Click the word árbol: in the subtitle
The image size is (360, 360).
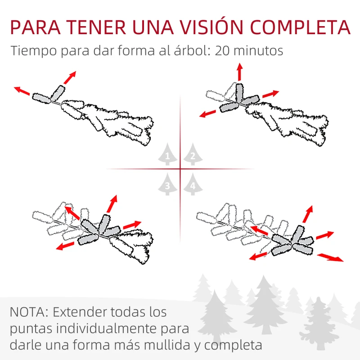click(x=189, y=50)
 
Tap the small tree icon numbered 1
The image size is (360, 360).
click(x=167, y=156)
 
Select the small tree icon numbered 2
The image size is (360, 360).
click(x=193, y=156)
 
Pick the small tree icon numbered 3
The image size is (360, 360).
click(x=167, y=184)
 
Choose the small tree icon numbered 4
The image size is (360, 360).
click(x=193, y=184)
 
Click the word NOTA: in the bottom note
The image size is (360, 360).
click(x=29, y=311)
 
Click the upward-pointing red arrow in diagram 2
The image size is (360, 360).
click(x=239, y=72)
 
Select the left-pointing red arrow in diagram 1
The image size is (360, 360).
click(x=22, y=91)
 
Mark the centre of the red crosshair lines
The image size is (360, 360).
click(x=180, y=169)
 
